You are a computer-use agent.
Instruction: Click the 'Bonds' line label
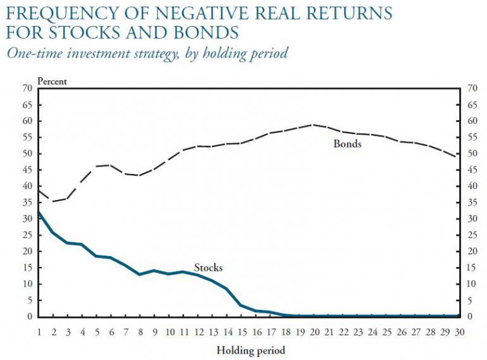point(347,144)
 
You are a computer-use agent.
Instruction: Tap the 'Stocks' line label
point(208,268)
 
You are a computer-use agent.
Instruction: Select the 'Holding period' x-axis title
point(250,350)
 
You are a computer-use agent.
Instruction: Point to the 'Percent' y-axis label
point(52,80)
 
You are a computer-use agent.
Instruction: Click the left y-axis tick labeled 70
point(27,88)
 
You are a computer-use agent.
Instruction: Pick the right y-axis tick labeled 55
point(471,137)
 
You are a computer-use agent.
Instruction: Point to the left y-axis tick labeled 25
point(27,235)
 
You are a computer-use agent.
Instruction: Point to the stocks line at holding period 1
point(39,211)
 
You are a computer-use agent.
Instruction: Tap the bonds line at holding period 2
point(54,201)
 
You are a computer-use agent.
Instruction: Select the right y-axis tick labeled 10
point(471,284)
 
